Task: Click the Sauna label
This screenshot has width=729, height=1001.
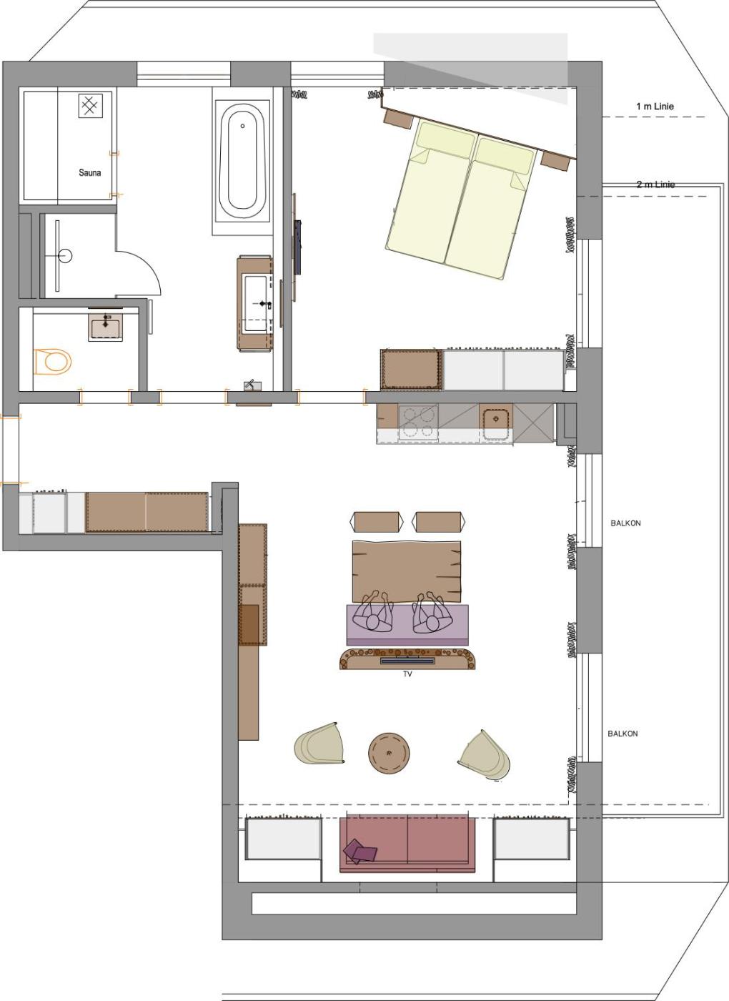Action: (90, 172)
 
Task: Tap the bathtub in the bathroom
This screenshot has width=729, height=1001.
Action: (242, 161)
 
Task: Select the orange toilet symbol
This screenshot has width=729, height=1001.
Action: (52, 362)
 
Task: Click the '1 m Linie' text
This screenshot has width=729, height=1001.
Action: (655, 107)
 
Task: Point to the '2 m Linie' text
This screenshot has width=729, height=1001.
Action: (655, 184)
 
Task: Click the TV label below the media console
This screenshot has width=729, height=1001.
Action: (407, 674)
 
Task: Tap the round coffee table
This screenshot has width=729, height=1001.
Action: (389, 753)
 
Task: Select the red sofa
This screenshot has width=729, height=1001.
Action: (407, 844)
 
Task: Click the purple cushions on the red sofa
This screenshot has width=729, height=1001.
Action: (359, 851)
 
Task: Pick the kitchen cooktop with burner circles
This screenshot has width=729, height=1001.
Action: (418, 423)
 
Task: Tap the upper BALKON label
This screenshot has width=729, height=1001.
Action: (625, 523)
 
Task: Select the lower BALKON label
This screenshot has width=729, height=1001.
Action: (623, 734)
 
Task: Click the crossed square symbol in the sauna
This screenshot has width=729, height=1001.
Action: (90, 106)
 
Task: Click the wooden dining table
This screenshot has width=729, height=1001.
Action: (407, 571)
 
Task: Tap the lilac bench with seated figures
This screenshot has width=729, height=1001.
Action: (407, 622)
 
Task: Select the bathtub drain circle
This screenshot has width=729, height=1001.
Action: (242, 126)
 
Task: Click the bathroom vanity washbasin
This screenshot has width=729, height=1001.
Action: (256, 303)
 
